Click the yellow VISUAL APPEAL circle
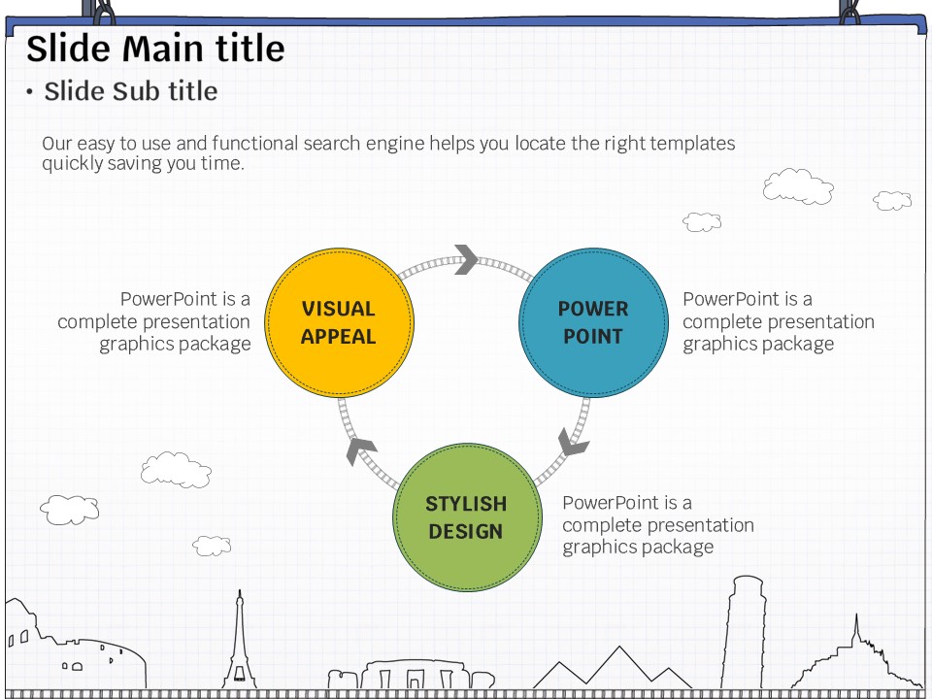(x=339, y=322)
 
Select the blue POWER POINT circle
(x=593, y=322)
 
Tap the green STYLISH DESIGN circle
(x=466, y=517)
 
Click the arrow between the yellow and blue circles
(x=467, y=259)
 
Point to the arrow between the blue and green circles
(x=574, y=442)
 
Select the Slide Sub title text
(x=131, y=91)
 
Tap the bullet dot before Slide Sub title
(x=30, y=92)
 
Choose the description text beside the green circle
(x=657, y=524)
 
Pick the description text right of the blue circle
(x=778, y=321)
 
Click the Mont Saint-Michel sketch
(x=854, y=660)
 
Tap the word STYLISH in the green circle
(x=466, y=504)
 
